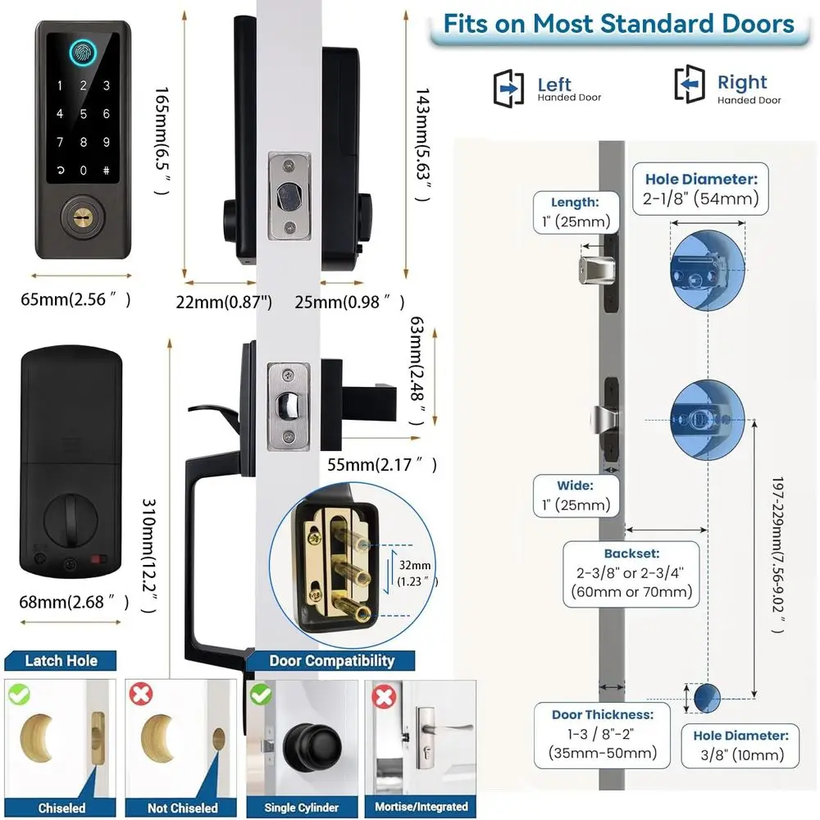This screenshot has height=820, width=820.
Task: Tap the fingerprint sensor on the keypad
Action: coord(83,52)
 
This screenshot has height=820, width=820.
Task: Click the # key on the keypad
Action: coord(106,170)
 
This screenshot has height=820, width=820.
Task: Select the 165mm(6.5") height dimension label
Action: coord(162,141)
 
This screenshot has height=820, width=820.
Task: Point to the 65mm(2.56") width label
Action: coord(75,299)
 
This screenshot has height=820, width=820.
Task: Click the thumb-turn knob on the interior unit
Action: coord(71,520)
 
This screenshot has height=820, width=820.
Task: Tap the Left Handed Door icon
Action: coord(508,88)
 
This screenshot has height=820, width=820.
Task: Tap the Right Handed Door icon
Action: coord(690,84)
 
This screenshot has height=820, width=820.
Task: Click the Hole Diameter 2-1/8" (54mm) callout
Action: coord(700,189)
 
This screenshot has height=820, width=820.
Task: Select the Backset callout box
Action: coord(631,574)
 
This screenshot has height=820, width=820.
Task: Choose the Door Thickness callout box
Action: coord(602,735)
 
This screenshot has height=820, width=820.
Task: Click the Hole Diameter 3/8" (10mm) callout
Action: coord(740,745)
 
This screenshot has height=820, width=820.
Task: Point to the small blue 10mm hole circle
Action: coord(707,698)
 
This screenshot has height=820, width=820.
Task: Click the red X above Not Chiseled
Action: coord(141,694)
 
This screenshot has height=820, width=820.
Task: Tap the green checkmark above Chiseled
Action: coord(20,694)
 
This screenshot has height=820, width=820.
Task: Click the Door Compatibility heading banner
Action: coord(331,660)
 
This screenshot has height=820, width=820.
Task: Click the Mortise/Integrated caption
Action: coord(421,806)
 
